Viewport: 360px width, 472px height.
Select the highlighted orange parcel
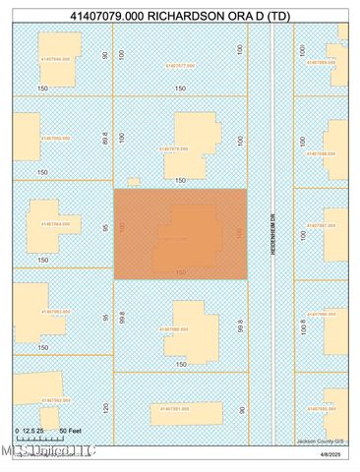tap(180, 234)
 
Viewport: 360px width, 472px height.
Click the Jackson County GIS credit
tap(320, 441)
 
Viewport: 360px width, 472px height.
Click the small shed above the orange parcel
tap(133, 180)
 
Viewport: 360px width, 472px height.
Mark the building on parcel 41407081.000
tap(183, 409)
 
